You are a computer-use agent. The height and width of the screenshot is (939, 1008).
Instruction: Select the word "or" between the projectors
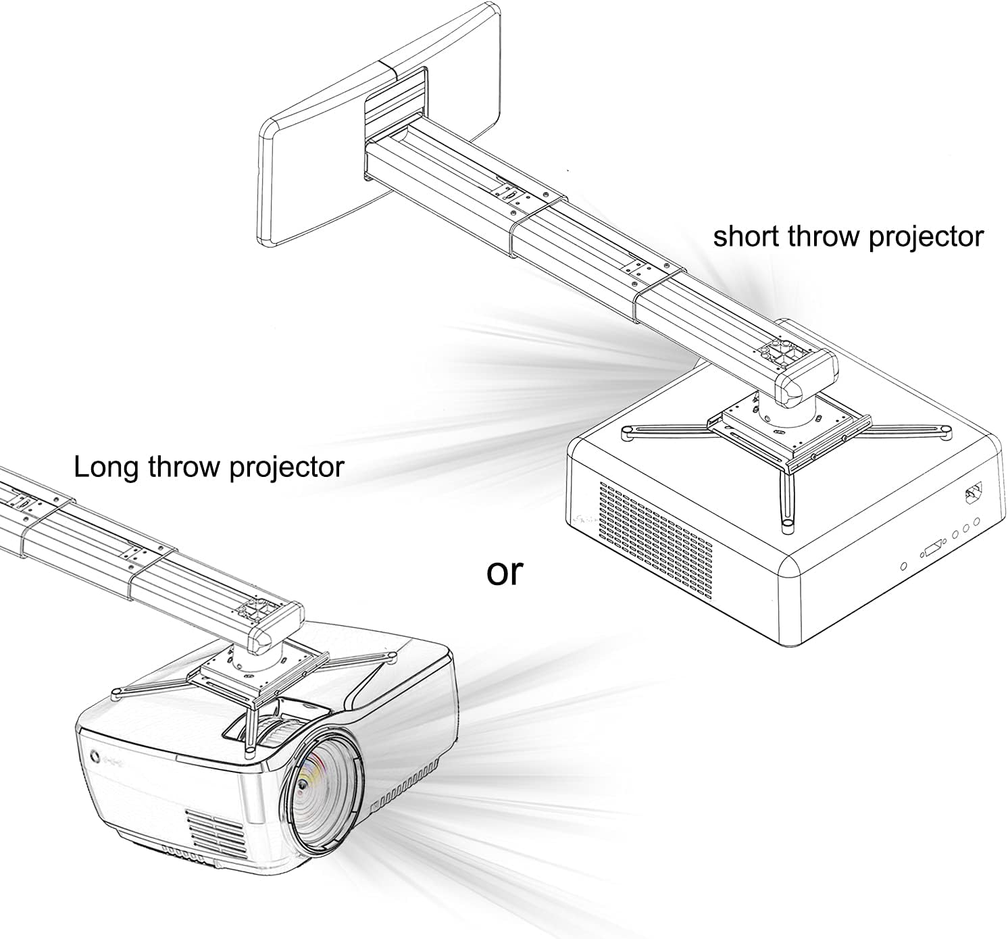pyautogui.click(x=505, y=573)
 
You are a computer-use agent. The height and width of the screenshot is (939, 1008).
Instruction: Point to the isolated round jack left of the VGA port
pyautogui.click(x=903, y=563)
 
